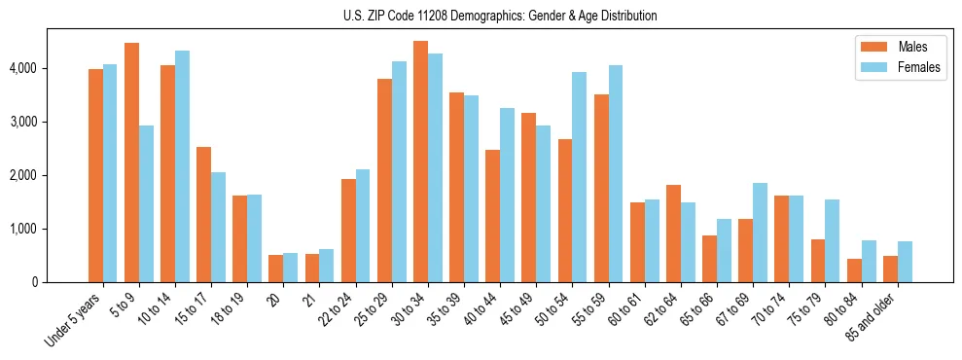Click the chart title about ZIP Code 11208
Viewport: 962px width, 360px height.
tap(500, 16)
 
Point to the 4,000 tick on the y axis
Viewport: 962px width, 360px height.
tap(22, 69)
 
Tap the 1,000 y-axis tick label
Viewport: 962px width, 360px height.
tap(22, 230)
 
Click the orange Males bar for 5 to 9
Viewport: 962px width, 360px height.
tap(132, 162)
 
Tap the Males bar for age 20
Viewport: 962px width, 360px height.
tap(276, 269)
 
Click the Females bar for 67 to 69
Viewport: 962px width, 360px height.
tap(761, 233)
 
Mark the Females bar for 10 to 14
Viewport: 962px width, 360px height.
tap(183, 166)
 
